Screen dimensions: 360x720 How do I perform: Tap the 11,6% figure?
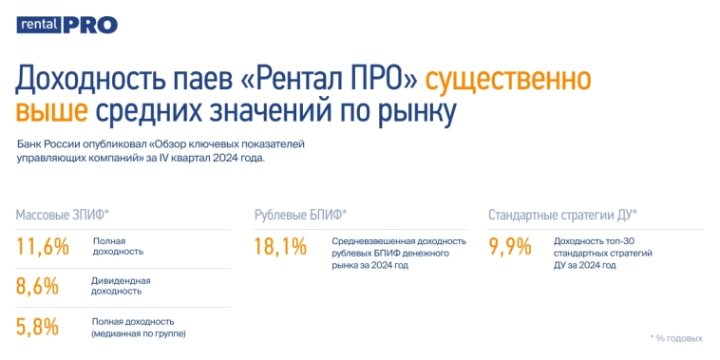tap(43, 247)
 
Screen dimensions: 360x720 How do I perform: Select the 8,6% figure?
tap(38, 286)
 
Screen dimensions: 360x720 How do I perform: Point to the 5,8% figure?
tap(38, 326)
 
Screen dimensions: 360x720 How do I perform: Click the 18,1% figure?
tap(280, 247)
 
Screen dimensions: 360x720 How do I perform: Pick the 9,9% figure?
tap(509, 247)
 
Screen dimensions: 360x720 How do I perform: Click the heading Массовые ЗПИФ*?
tap(63, 215)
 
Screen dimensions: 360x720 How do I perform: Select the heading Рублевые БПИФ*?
tap(300, 215)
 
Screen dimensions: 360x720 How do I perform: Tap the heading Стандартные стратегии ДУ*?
tap(562, 215)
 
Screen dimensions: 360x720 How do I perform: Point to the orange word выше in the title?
tap(52, 111)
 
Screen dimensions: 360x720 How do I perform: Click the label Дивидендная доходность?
tap(121, 286)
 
